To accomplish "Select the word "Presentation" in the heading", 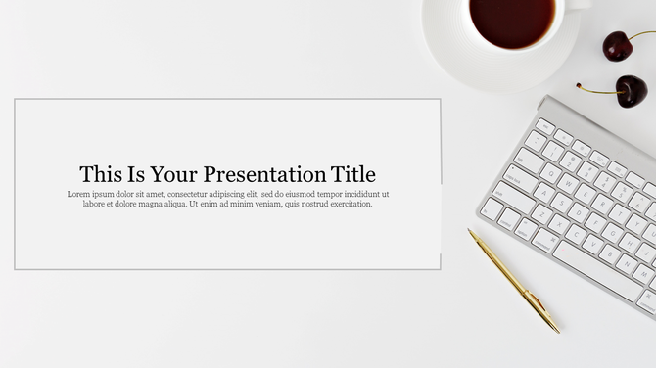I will click(x=264, y=174).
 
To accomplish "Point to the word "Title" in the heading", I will click(x=352, y=174).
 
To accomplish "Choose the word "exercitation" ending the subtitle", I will click(x=350, y=204).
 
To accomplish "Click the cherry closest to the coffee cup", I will click(x=618, y=45).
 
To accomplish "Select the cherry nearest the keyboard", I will click(x=631, y=91).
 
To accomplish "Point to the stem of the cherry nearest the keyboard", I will click(x=595, y=87).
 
